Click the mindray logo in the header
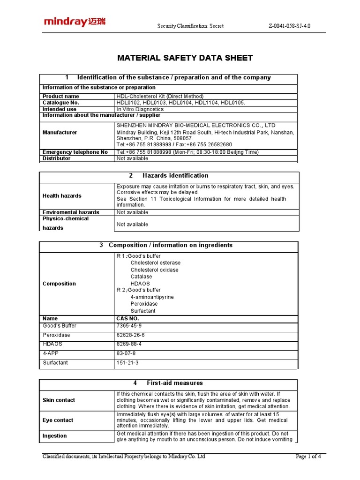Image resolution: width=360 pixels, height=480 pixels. [x=75, y=22]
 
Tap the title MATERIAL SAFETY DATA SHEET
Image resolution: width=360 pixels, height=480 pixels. [x=185, y=58]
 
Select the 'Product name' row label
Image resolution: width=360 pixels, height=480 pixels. [x=61, y=96]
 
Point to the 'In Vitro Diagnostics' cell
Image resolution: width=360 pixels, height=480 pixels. [x=140, y=109]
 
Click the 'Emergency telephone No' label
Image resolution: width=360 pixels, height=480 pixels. [x=75, y=152]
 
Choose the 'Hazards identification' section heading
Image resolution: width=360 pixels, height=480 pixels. [x=175, y=176]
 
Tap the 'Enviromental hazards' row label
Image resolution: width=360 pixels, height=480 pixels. [x=71, y=212]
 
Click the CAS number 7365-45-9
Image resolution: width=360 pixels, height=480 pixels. [x=129, y=326]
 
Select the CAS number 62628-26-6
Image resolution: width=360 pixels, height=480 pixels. [x=131, y=335]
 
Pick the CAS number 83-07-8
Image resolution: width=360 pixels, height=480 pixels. [x=126, y=353]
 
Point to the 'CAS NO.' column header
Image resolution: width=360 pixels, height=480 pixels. [x=127, y=319]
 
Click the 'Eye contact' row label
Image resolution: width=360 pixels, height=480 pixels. [x=58, y=420]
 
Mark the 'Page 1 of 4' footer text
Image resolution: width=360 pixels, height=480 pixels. [x=311, y=457]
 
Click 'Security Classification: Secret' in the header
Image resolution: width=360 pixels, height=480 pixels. [x=190, y=26]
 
